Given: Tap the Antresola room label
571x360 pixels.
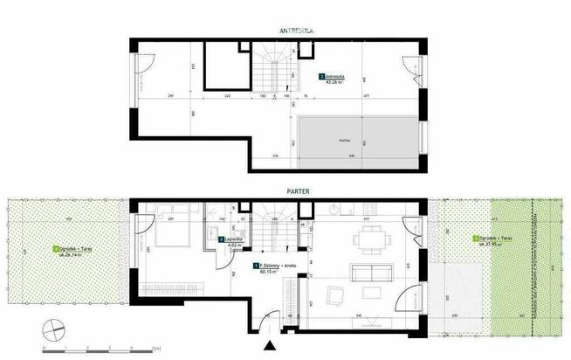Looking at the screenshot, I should [x=334, y=77].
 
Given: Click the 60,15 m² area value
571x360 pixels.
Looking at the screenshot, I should [x=265, y=272].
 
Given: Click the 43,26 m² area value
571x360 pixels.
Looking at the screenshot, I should [x=333, y=84].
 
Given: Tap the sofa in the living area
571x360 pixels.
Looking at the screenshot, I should [x=367, y=274].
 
